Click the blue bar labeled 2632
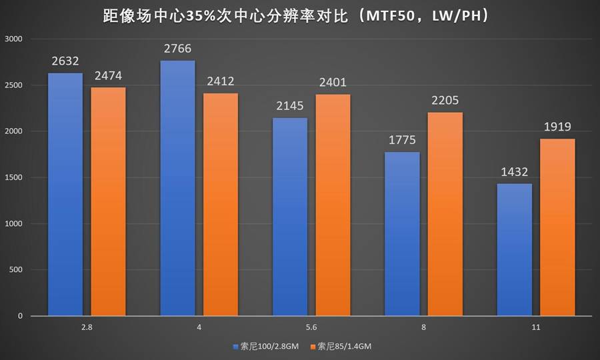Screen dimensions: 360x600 (65, 193)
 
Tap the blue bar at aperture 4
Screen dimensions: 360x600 (178, 187)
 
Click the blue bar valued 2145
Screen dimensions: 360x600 (290, 217)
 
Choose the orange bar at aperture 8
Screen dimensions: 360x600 (445, 213)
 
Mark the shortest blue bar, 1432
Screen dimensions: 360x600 (515, 249)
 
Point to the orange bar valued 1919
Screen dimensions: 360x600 (557, 227)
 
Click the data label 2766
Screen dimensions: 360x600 (178, 49)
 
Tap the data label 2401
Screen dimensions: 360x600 (333, 83)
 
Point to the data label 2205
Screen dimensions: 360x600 (445, 101)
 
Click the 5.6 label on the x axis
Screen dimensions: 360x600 (311, 327)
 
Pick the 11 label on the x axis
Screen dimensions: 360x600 (536, 327)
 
